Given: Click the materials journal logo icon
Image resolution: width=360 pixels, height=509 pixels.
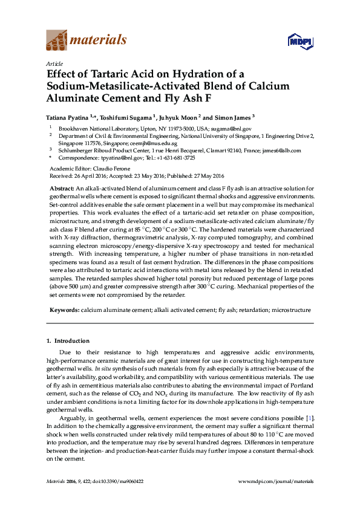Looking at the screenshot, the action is click(57, 41).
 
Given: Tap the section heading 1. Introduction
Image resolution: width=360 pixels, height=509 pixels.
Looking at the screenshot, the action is click(68, 341).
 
